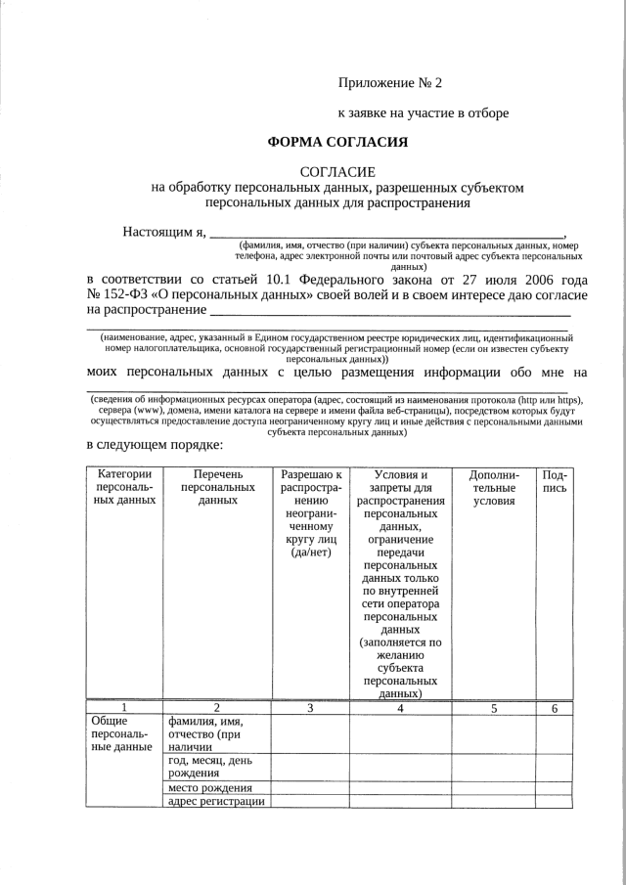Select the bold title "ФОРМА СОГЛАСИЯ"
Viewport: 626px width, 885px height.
[x=337, y=142]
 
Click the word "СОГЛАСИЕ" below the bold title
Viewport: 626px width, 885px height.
[x=337, y=172]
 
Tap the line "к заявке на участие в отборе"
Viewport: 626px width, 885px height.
[x=423, y=112]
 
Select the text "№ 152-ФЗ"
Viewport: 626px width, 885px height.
[x=115, y=294]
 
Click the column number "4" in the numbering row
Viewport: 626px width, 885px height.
[x=401, y=708]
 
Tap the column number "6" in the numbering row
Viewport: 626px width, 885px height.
[x=555, y=708]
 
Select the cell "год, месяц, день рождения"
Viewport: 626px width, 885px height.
[x=211, y=769]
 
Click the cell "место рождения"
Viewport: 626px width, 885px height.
[x=209, y=788]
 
